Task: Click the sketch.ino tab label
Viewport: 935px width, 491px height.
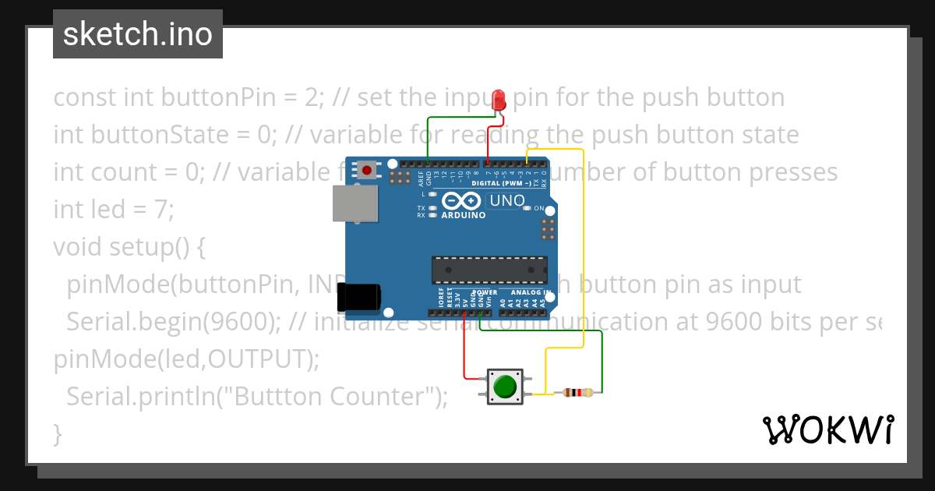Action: tap(138, 34)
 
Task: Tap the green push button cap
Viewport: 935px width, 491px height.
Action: tap(506, 387)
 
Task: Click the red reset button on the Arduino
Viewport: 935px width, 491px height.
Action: tap(366, 168)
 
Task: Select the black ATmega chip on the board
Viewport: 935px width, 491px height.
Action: tap(489, 270)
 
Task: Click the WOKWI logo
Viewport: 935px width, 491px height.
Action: tap(827, 429)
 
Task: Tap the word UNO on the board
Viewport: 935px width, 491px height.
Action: tap(506, 201)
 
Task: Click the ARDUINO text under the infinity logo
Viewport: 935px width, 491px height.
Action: tap(463, 215)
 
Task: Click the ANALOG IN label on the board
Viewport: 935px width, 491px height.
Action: tap(531, 293)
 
